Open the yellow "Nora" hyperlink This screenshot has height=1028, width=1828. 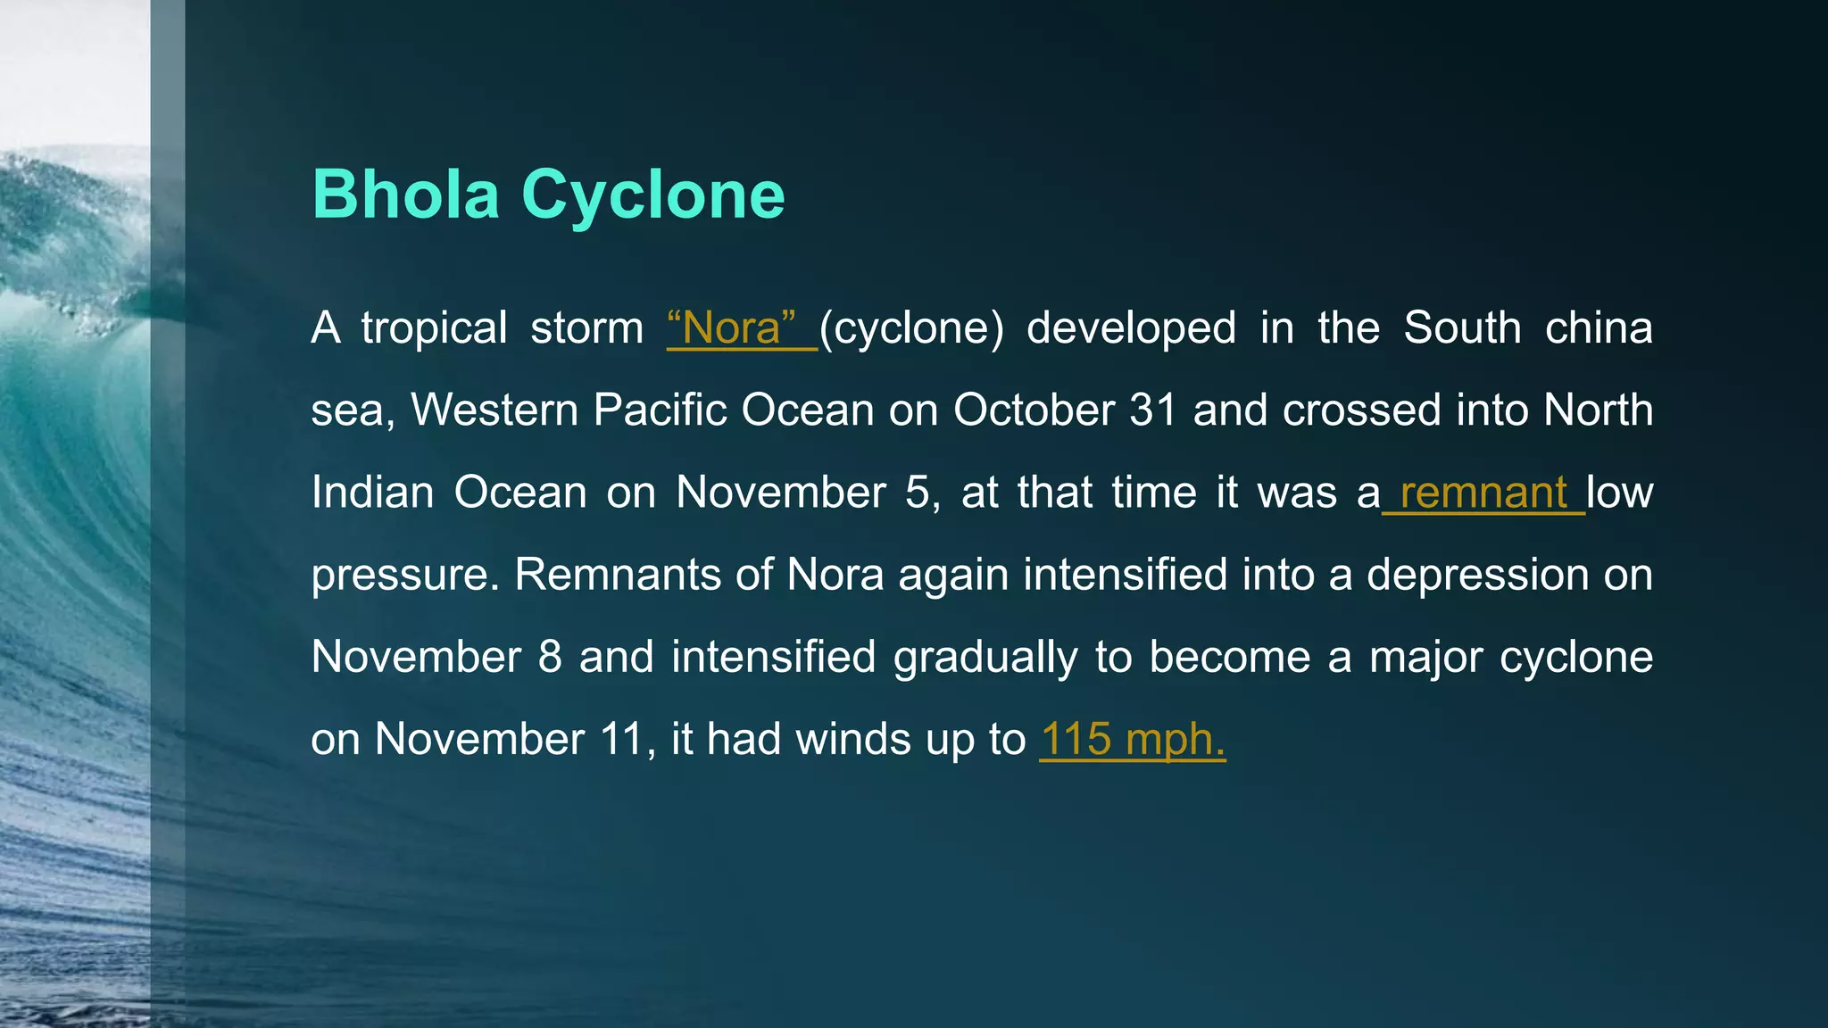pos(732,328)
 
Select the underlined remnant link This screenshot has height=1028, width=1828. pos(1483,493)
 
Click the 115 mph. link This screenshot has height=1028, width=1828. pos(1133,739)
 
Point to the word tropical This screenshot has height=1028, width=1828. pos(435,328)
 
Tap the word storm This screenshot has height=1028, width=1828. pos(586,328)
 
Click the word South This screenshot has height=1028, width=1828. pos(1462,328)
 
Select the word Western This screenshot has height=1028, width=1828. pos(494,410)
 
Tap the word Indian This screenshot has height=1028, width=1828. pos(372,493)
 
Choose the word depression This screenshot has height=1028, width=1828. pos(1477,575)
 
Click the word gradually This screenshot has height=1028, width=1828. pos(985,658)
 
